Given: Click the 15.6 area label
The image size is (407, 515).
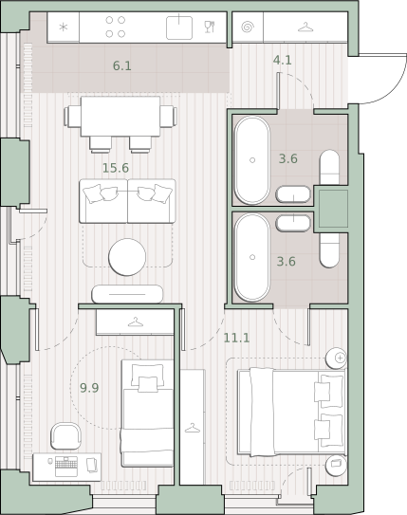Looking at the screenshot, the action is (x=116, y=168).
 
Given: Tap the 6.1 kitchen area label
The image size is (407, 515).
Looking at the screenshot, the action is (x=121, y=66).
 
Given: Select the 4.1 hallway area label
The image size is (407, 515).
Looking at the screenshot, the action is (x=282, y=60).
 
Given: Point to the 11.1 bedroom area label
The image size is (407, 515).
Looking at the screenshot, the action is (x=236, y=338).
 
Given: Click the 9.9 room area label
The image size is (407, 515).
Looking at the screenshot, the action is (x=89, y=388).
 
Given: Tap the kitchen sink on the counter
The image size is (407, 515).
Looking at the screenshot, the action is (x=179, y=28).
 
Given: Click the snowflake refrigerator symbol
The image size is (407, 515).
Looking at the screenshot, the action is (x=63, y=28).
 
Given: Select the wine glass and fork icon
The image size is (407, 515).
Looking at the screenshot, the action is (x=210, y=27).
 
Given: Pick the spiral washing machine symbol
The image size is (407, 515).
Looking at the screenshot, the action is (x=248, y=28).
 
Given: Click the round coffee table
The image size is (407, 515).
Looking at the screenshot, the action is (x=127, y=257).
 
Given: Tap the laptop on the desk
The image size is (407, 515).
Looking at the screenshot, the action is (x=66, y=467).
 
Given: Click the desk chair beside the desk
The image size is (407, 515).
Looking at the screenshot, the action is (x=65, y=436).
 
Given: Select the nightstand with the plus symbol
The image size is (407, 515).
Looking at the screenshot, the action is (x=336, y=358).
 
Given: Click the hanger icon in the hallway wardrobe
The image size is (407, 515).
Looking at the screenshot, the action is (x=305, y=28).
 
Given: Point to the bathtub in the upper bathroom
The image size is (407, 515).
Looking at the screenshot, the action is (x=252, y=160).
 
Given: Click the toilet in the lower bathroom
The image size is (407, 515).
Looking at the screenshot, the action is (x=329, y=250).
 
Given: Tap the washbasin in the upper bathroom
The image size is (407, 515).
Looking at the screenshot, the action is (x=293, y=194).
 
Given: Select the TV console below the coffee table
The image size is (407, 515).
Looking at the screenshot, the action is (x=127, y=294).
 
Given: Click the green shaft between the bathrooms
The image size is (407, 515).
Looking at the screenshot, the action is (x=333, y=209).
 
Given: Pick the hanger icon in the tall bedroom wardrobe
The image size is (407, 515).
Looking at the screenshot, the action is (x=193, y=428).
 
